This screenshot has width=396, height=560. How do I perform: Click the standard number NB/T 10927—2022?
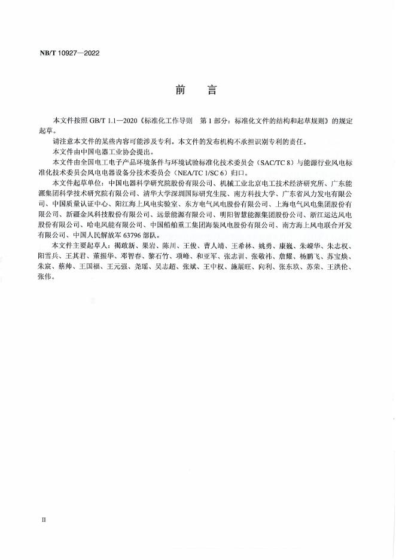point(66,53)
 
